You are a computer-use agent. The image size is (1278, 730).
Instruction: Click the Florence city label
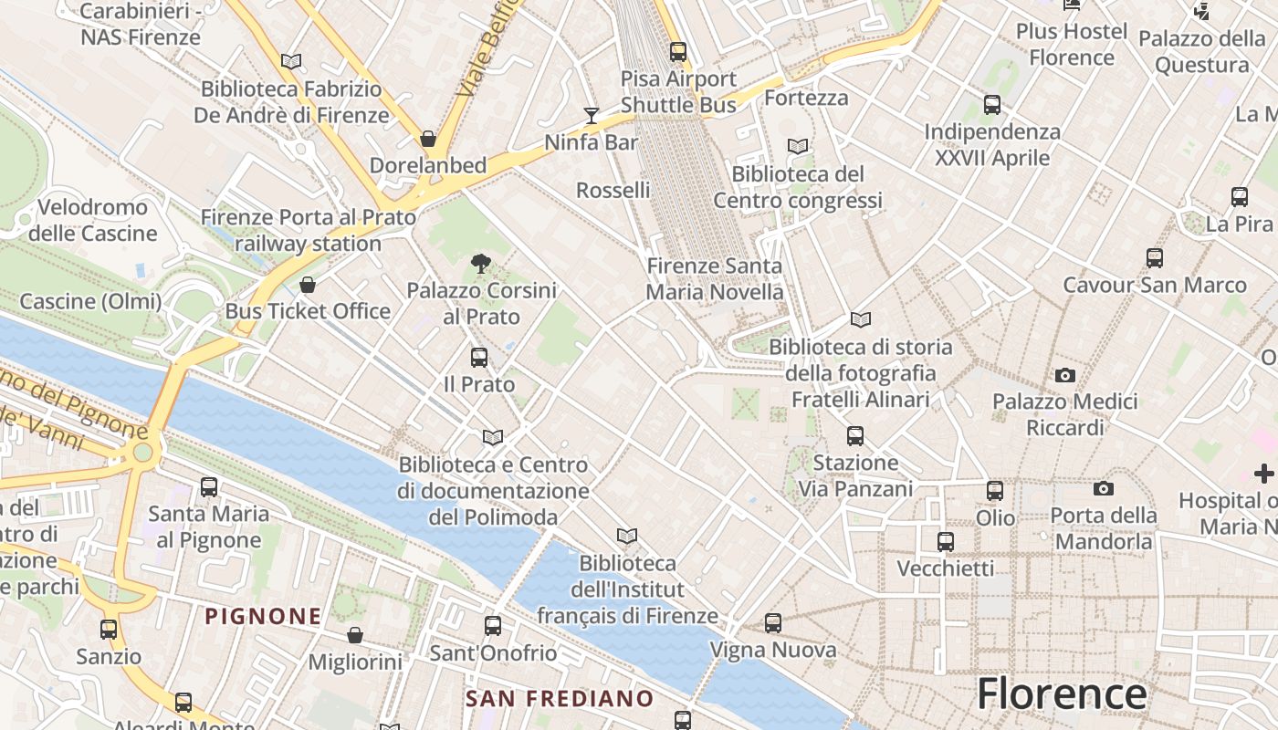[x=1062, y=693]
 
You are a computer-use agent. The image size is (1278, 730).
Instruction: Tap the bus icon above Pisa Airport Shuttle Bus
[x=677, y=52]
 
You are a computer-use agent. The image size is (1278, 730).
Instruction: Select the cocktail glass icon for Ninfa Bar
[x=592, y=115]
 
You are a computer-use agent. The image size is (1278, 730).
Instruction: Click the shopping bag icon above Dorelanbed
[x=427, y=139]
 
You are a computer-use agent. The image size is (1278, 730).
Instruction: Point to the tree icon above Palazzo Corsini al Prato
[x=480, y=265]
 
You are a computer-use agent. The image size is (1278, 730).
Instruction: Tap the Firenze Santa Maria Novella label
[x=714, y=279]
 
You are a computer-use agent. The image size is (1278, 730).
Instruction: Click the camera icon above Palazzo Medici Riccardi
[x=1064, y=375]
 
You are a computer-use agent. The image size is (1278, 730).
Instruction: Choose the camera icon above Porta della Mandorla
[x=1103, y=489]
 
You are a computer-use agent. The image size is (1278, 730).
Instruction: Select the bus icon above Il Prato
[x=479, y=358]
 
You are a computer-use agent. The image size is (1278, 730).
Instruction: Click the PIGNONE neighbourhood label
[x=263, y=616]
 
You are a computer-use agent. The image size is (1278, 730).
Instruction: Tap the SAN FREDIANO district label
[x=560, y=699]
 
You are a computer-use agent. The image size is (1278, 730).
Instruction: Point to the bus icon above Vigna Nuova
[x=773, y=623]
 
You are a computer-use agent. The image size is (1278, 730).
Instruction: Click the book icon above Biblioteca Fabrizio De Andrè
[x=291, y=61]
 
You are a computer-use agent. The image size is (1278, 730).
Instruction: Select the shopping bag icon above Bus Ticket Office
[x=308, y=285]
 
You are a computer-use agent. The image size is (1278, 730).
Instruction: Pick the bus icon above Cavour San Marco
[x=1155, y=258]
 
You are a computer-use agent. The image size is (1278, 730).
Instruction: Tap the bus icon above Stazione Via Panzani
[x=854, y=436]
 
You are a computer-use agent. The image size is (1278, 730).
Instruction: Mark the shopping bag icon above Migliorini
[x=355, y=635]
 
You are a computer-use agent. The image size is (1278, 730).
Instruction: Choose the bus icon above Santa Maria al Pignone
[x=209, y=487]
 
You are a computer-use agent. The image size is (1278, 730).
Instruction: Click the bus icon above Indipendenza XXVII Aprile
[x=992, y=105]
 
